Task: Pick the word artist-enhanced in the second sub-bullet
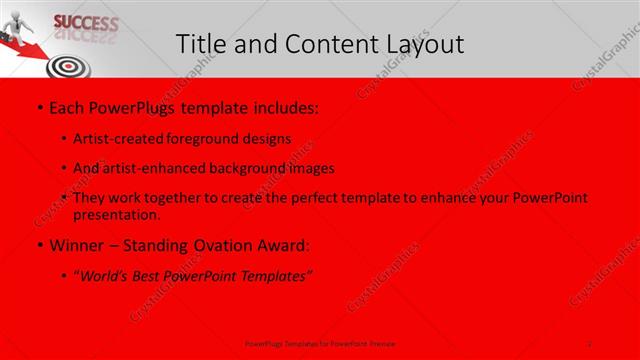(157, 168)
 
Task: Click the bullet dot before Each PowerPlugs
(38, 106)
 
